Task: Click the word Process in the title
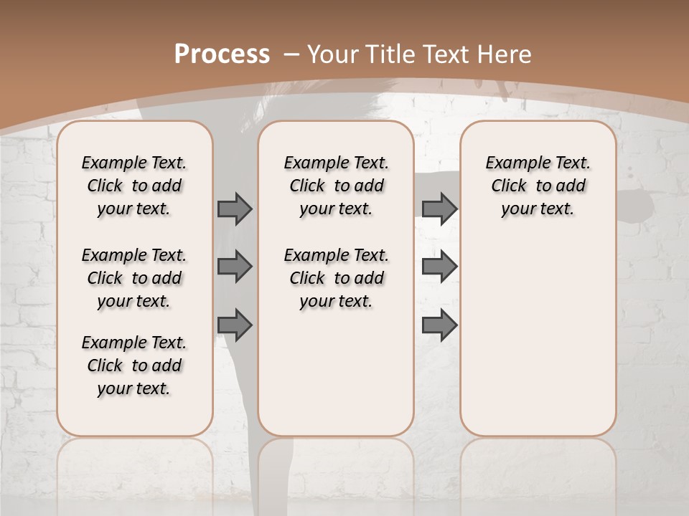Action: pos(222,54)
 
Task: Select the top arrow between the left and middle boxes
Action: pos(235,209)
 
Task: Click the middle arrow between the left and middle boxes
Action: pos(235,267)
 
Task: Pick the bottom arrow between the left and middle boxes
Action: pos(235,325)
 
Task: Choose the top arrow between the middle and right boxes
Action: pos(439,209)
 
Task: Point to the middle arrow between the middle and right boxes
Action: pos(439,267)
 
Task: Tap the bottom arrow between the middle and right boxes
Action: pos(439,325)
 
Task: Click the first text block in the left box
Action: pos(134,186)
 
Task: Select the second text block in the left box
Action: pos(134,278)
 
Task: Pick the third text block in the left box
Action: pos(134,365)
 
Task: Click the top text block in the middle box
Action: pos(336,186)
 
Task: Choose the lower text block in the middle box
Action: pos(336,278)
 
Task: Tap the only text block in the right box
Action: pos(538,186)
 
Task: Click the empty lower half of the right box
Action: pos(538,344)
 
